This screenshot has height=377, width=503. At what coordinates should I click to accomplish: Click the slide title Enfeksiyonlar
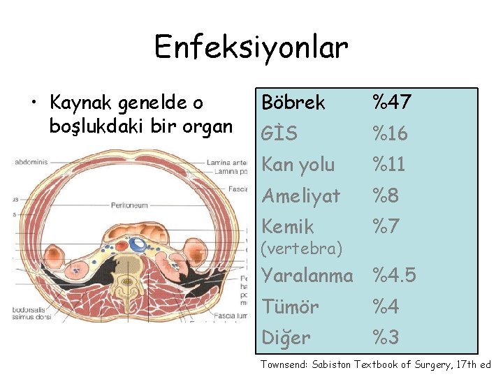click(x=251, y=47)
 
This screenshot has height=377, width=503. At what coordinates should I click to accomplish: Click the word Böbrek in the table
click(x=293, y=103)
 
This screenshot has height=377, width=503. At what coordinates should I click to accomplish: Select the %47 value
click(x=391, y=103)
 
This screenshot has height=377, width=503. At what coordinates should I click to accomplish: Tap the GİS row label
click(x=279, y=133)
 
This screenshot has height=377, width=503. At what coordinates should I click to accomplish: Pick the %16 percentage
click(x=390, y=133)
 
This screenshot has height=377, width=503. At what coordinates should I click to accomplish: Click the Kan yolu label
click(x=298, y=165)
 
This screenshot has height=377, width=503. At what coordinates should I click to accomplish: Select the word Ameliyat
click(x=300, y=195)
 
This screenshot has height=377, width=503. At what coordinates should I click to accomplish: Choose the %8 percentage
click(x=385, y=195)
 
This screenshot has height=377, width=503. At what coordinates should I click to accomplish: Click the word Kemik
click(x=288, y=226)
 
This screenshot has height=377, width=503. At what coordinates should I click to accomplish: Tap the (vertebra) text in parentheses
click(x=302, y=248)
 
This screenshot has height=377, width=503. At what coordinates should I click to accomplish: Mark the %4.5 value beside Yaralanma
click(x=394, y=276)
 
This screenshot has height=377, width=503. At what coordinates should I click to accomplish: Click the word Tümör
click(x=290, y=306)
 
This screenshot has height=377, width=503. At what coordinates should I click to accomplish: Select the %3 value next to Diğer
click(x=385, y=338)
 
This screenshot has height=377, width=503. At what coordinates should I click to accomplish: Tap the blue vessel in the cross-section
click(x=139, y=244)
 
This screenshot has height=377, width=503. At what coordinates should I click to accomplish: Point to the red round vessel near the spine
click(x=121, y=245)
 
